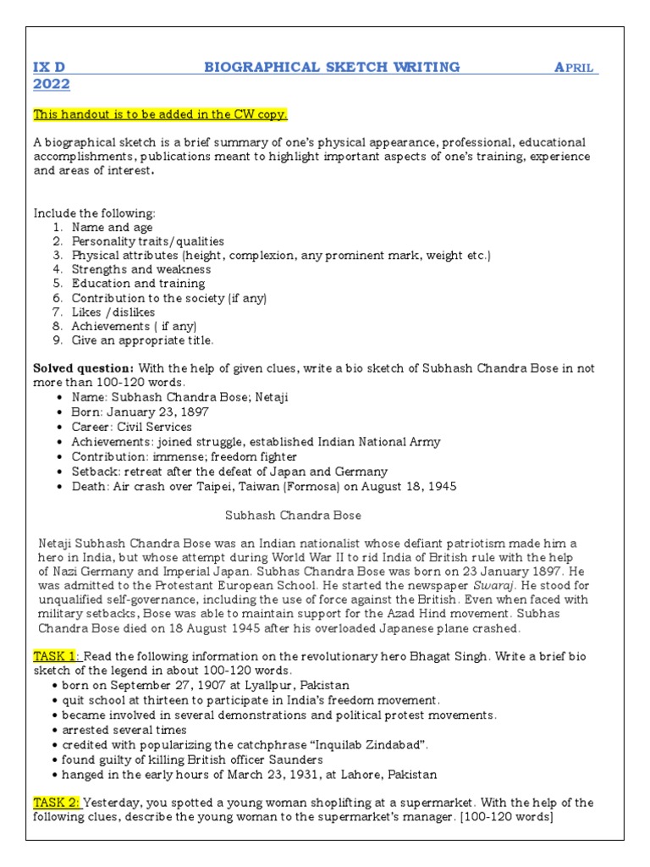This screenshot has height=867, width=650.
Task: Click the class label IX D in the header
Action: pyautogui.click(x=49, y=67)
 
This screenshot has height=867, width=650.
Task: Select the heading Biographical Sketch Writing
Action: pyautogui.click(x=332, y=67)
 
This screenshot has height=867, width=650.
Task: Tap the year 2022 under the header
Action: pyautogui.click(x=51, y=85)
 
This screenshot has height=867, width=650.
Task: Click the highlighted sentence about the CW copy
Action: pyautogui.click(x=160, y=114)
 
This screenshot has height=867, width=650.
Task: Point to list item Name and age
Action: pyautogui.click(x=112, y=227)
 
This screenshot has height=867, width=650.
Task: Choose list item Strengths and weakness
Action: pyautogui.click(x=140, y=269)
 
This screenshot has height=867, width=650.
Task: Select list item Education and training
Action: pyautogui.click(x=138, y=284)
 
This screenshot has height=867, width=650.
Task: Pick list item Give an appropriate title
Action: pyautogui.click(x=142, y=340)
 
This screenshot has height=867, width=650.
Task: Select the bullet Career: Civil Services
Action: pyautogui.click(x=131, y=427)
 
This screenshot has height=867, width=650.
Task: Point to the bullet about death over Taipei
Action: pyautogui.click(x=264, y=486)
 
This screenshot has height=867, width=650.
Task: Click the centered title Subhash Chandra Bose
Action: pyautogui.click(x=293, y=515)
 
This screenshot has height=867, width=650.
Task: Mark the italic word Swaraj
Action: pyautogui.click(x=491, y=585)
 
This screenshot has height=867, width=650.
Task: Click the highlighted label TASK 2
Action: pyautogui.click(x=57, y=803)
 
